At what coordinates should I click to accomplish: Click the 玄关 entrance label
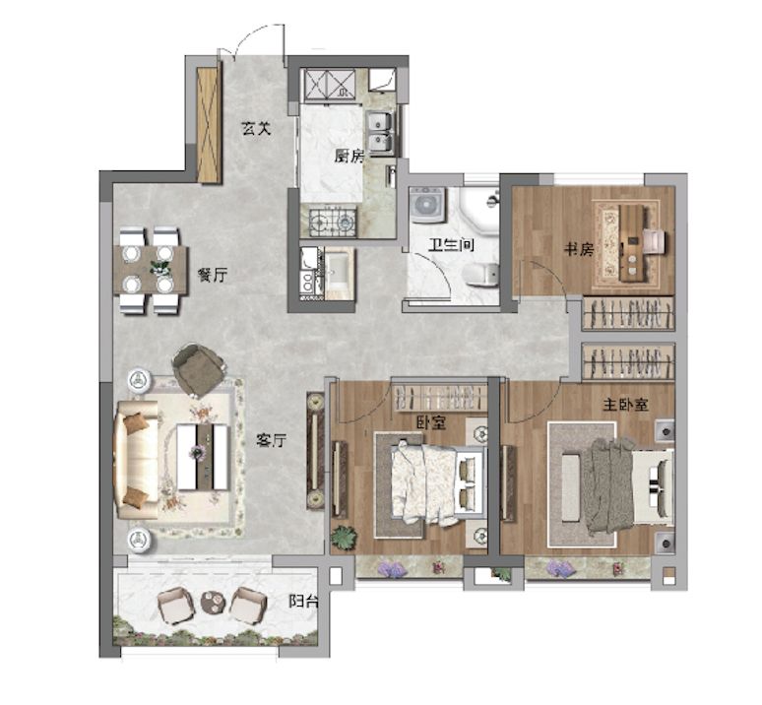click(256, 129)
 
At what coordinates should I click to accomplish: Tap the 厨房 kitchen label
click(349, 156)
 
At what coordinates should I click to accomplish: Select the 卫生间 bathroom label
click(451, 244)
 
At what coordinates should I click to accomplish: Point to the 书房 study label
click(579, 250)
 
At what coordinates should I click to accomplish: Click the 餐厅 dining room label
click(212, 275)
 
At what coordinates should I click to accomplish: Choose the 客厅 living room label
click(271, 441)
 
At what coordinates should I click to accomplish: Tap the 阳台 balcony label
click(304, 601)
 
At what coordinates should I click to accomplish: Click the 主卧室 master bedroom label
click(625, 405)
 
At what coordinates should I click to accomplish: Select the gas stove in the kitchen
click(333, 223)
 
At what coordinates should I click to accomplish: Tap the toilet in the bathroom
click(481, 275)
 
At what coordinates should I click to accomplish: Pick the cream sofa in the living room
click(136, 459)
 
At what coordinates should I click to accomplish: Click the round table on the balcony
click(213, 603)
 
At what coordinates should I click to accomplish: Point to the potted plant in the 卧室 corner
click(344, 539)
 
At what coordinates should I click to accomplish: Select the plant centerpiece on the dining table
click(160, 267)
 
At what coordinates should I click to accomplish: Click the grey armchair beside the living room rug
click(198, 370)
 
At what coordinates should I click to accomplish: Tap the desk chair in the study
click(654, 241)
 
